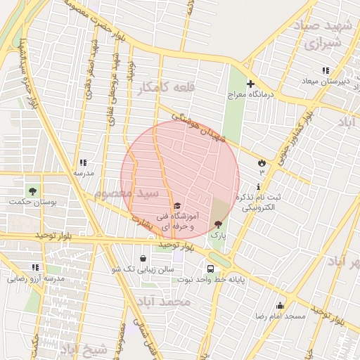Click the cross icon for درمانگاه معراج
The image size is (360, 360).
click(x=250, y=84)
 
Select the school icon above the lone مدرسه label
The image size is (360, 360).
click(x=83, y=162)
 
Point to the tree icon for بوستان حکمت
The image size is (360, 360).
click(x=32, y=191)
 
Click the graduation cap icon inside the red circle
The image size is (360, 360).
click(x=176, y=205)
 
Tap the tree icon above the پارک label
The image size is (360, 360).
click(x=217, y=224)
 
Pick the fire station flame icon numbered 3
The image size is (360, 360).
click(x=262, y=162)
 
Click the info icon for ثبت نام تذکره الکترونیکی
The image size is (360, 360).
click(x=259, y=187)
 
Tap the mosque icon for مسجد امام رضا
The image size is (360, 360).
click(x=280, y=305)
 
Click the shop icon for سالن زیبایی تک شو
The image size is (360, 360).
click(x=143, y=258)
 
